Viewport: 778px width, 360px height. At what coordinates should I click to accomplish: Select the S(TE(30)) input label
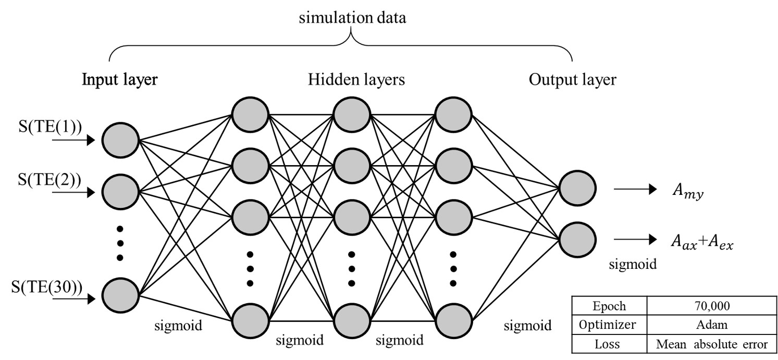tap(50, 286)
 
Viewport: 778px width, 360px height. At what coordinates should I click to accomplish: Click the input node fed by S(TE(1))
tap(120, 140)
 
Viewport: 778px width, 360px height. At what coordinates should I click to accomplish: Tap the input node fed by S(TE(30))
tap(120, 296)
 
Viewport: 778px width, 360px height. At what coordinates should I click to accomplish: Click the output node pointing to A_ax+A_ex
tap(576, 240)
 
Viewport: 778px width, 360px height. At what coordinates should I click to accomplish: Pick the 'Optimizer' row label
tap(608, 325)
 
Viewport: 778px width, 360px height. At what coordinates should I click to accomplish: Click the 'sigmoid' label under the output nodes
tap(633, 264)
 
